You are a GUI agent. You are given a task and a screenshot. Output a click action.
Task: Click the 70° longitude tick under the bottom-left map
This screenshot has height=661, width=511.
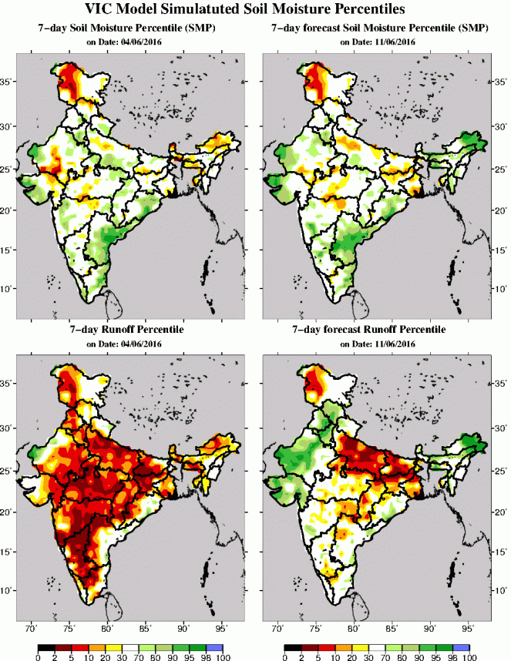pos(33,629)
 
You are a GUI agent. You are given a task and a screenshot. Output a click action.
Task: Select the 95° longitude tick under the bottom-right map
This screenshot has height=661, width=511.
pos(466,629)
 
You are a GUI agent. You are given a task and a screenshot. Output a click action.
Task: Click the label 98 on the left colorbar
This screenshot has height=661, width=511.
pos(207,657)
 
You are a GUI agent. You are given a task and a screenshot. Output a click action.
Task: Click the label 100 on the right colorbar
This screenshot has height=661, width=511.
pos(470,657)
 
